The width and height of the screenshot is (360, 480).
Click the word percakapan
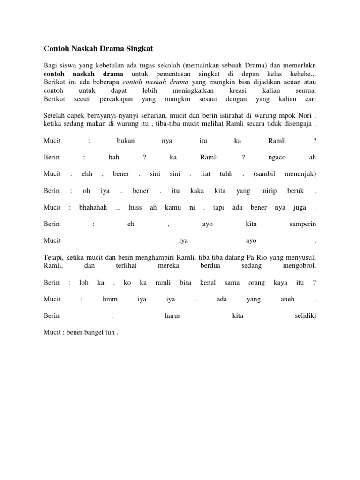(117, 99)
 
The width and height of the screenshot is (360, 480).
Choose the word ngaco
(278, 158)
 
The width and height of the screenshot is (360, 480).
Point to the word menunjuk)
(300, 174)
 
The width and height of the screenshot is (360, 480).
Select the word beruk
(296, 191)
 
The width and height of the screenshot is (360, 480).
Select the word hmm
(110, 299)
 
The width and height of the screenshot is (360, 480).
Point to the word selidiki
(305, 316)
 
